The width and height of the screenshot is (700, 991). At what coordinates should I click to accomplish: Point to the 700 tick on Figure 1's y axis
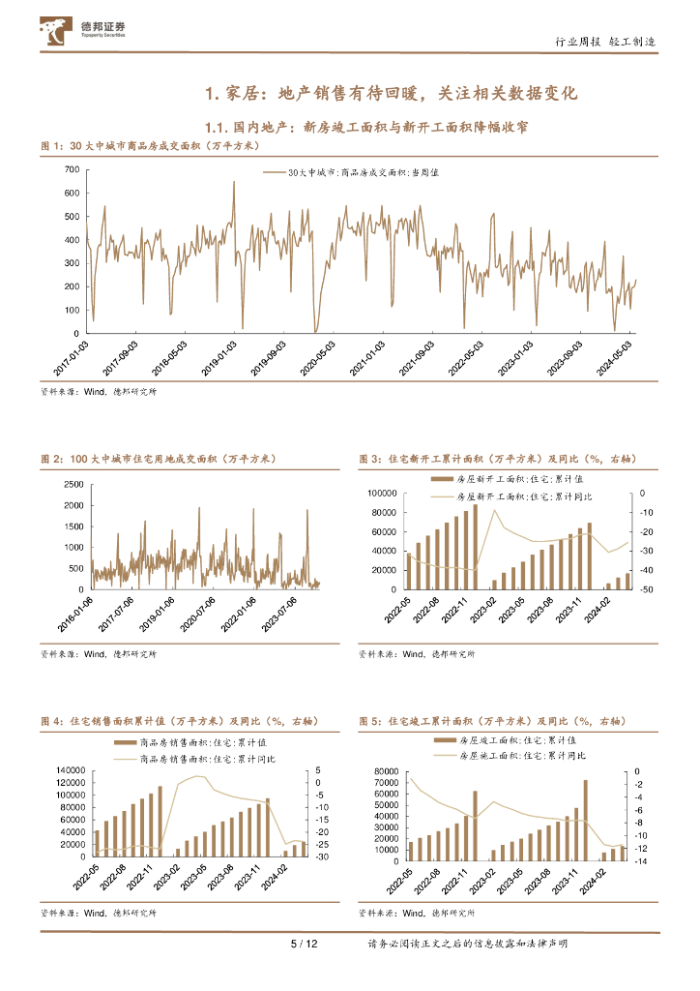coord(71,169)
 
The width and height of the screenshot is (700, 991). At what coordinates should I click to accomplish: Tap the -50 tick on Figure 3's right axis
coord(647,589)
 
